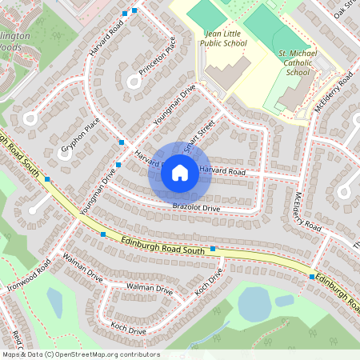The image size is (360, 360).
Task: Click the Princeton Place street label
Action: (x=156, y=58)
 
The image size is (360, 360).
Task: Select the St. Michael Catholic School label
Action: (x=298, y=62)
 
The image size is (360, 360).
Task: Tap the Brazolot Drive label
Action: (x=195, y=208)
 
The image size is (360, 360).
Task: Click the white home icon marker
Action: (x=180, y=172)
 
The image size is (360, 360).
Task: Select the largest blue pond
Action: (x=254, y=303)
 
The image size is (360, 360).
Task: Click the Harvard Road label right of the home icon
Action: (x=222, y=171)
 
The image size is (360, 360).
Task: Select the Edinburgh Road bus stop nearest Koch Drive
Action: (x=214, y=249)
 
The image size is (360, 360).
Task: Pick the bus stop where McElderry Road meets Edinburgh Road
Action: (x=311, y=276)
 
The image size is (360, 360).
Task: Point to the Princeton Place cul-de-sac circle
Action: (x=133, y=80)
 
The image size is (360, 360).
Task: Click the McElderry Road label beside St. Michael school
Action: (x=334, y=93)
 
